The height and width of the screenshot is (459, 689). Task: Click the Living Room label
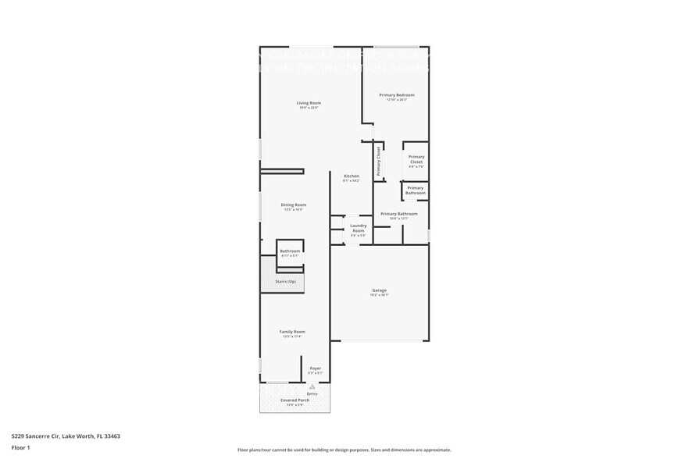309,103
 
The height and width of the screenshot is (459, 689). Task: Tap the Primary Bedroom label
397,95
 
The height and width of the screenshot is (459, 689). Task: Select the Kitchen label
352,176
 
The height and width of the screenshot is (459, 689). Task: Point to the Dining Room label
294,205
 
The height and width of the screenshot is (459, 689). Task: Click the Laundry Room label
358,229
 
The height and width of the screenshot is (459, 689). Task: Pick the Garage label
379,290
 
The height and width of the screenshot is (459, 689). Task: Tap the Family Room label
292,332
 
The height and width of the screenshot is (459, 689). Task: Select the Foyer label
316,368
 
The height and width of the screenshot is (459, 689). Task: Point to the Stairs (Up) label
286,281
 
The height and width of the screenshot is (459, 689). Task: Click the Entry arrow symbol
312,386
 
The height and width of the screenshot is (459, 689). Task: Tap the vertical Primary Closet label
379,161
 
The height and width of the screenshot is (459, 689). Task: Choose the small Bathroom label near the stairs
290,251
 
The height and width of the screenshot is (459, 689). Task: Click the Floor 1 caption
20,447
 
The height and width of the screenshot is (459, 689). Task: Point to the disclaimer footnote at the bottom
344,450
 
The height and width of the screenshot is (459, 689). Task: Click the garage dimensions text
379,295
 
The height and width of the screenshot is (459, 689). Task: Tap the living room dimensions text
309,108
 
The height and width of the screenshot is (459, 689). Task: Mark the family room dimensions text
292,336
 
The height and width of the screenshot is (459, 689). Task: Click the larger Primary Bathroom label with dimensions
398,214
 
